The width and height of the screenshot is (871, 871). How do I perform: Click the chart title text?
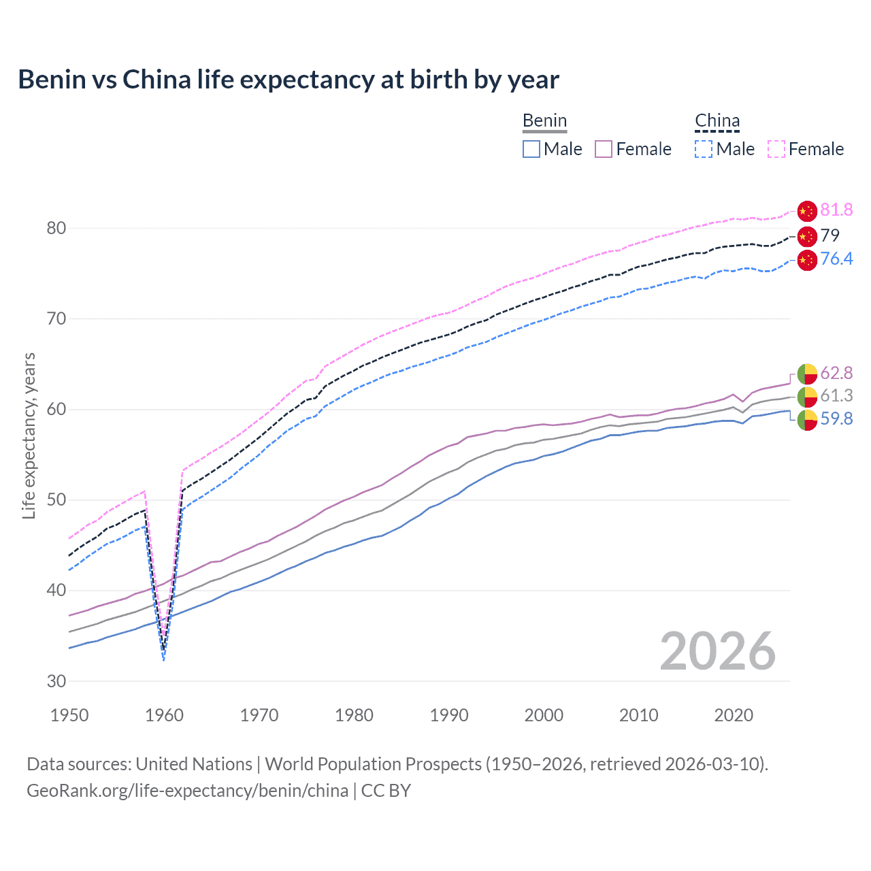[x=289, y=80]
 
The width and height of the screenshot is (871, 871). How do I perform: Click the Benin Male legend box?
[x=531, y=149]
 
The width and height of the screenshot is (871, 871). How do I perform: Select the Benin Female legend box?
[x=604, y=149]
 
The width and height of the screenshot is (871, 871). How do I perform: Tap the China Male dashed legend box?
[x=704, y=149]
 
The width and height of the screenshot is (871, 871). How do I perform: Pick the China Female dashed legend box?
[x=776, y=149]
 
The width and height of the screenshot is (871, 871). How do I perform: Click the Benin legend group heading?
[x=544, y=121]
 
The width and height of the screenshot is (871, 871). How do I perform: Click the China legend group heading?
[x=717, y=121]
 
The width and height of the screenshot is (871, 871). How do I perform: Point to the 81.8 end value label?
[x=836, y=210]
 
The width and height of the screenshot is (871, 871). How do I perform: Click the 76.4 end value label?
[x=836, y=259]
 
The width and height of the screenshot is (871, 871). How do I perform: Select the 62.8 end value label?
[x=836, y=373]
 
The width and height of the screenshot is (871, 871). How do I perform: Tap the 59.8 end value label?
[x=836, y=418]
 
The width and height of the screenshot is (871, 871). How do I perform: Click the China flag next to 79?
[x=807, y=236]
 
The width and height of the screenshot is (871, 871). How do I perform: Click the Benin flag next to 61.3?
[x=807, y=397]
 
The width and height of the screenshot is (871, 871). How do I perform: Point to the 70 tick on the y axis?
[x=56, y=318]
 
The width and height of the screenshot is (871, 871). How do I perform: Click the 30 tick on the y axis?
[x=56, y=681]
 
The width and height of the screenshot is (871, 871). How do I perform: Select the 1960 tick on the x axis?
[x=165, y=715]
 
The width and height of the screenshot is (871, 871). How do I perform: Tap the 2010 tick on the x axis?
[x=638, y=715]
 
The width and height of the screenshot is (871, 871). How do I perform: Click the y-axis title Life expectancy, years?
[x=29, y=435]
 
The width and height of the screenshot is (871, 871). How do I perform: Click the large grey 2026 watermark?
[x=717, y=651]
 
